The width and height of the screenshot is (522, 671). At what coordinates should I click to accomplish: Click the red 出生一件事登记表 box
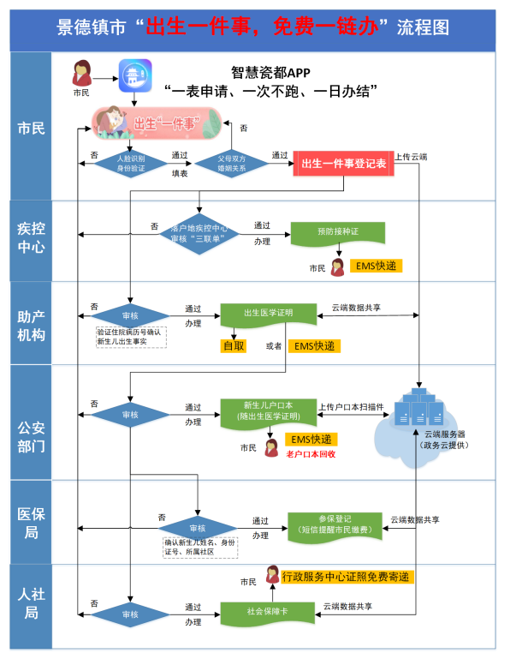343,163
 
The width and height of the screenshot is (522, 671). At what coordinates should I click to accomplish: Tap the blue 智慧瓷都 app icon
133,76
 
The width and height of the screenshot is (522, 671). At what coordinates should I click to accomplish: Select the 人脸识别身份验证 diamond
130,162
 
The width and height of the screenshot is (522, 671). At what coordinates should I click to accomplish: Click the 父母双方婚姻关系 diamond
232,162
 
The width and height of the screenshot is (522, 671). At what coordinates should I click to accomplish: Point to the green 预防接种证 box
337,231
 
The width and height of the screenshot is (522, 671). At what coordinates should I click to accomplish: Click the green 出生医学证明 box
269,314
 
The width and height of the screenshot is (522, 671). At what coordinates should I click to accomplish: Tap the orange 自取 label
234,346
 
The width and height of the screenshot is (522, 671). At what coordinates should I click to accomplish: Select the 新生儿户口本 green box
270,410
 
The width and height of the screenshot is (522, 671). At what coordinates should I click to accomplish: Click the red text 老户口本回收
310,453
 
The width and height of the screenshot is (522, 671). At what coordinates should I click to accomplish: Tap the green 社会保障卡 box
269,613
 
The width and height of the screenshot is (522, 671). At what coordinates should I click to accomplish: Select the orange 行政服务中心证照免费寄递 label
347,576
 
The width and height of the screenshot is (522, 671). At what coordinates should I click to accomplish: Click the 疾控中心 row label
32,239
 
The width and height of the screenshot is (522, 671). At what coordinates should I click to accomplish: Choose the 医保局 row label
32,522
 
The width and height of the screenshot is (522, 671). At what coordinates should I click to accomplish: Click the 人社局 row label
32,602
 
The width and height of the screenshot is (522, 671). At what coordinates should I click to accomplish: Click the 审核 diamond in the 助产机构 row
130,315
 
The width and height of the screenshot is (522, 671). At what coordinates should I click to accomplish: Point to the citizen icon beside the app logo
82,74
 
